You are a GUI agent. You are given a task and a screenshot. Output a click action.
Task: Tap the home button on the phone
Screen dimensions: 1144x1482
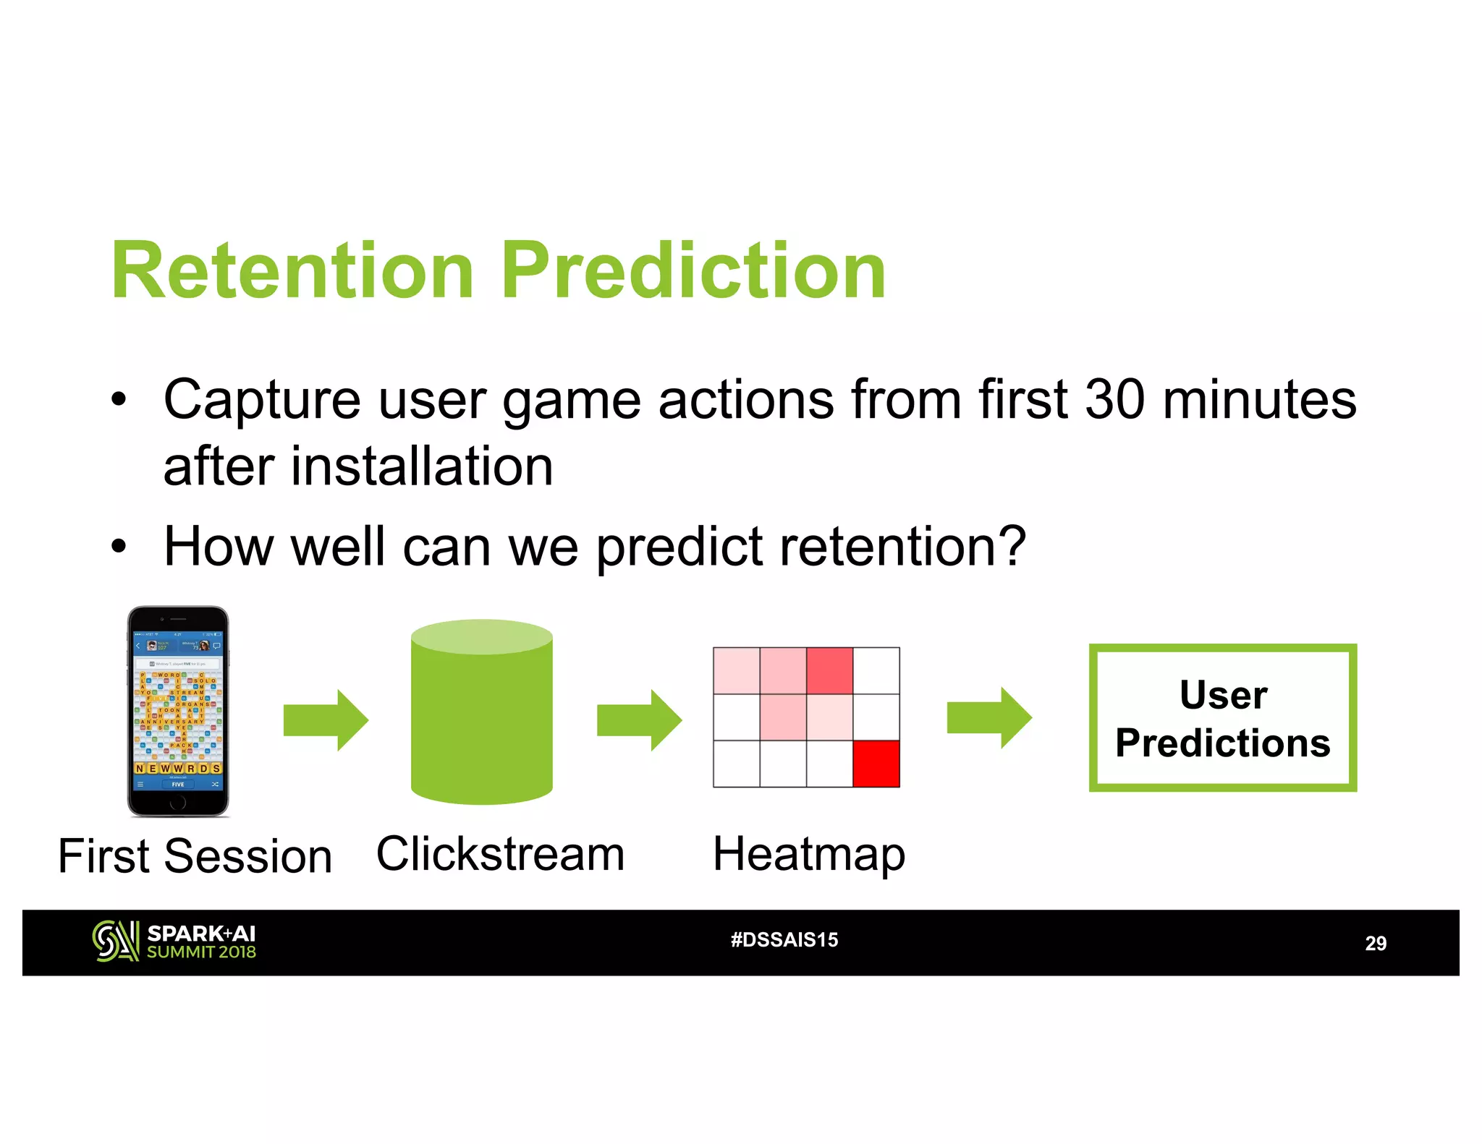click(178, 802)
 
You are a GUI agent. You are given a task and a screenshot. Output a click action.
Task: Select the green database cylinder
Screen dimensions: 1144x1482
click(481, 712)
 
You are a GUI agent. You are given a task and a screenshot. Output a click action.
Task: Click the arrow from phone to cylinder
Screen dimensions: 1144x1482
click(326, 720)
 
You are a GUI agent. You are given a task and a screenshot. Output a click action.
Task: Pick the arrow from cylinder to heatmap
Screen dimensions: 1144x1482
click(639, 720)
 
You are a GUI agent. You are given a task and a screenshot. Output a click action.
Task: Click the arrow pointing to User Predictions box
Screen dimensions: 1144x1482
click(989, 718)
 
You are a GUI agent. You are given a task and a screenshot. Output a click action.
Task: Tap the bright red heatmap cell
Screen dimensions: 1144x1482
click(876, 764)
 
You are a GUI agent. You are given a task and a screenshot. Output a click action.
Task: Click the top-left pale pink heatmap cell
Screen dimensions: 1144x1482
click(736, 670)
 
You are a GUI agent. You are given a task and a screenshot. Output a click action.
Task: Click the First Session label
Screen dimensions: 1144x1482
click(195, 856)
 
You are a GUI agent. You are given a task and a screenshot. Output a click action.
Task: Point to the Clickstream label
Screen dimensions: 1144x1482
click(500, 854)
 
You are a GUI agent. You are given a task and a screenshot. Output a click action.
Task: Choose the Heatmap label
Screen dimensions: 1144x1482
click(808, 854)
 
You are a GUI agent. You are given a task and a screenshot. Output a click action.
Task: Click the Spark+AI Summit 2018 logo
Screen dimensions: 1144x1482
click(174, 942)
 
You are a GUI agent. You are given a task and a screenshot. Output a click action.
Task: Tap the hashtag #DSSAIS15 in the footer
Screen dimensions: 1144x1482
click(784, 939)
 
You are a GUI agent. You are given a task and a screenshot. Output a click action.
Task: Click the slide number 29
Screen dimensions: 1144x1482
click(1375, 943)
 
